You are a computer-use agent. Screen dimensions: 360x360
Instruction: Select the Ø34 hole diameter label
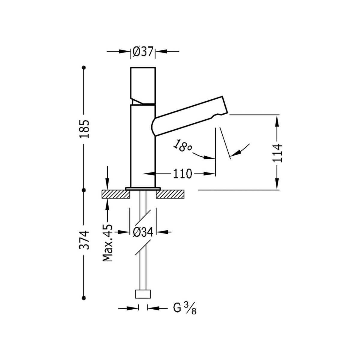(x=143, y=232)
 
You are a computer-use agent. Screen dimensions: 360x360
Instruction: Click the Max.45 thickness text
(x=107, y=242)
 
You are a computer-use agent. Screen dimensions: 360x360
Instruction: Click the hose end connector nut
(x=143, y=294)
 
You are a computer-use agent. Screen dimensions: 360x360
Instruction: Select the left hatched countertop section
(x=116, y=194)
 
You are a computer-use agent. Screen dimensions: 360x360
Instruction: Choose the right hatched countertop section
(x=170, y=194)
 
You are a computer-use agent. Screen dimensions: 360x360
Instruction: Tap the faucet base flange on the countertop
(x=143, y=188)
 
